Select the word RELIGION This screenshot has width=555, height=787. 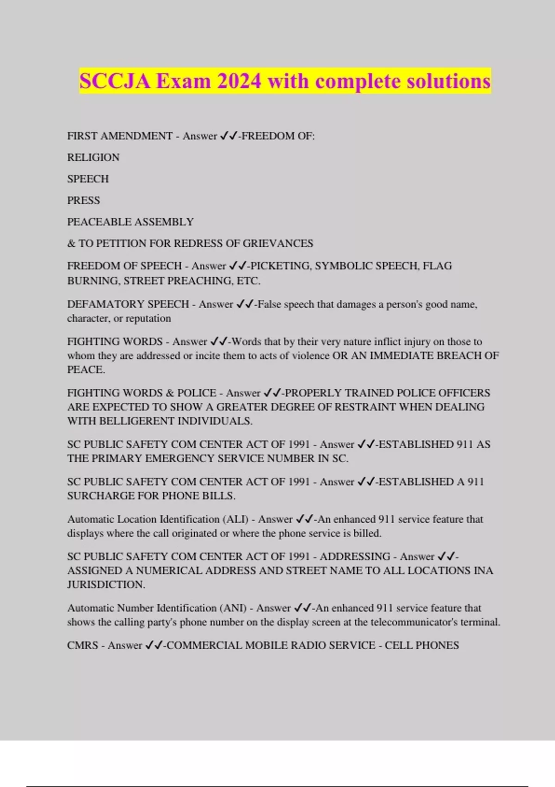pyautogui.click(x=93, y=157)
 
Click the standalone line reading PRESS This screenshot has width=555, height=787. pyautogui.click(x=84, y=200)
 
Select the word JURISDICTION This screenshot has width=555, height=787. pyautogui.click(x=106, y=585)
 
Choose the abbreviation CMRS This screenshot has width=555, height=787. pyautogui.click(x=83, y=645)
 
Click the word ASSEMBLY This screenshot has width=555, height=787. pyautogui.click(x=169, y=222)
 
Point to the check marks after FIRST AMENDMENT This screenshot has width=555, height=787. pyautogui.click(x=229, y=136)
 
